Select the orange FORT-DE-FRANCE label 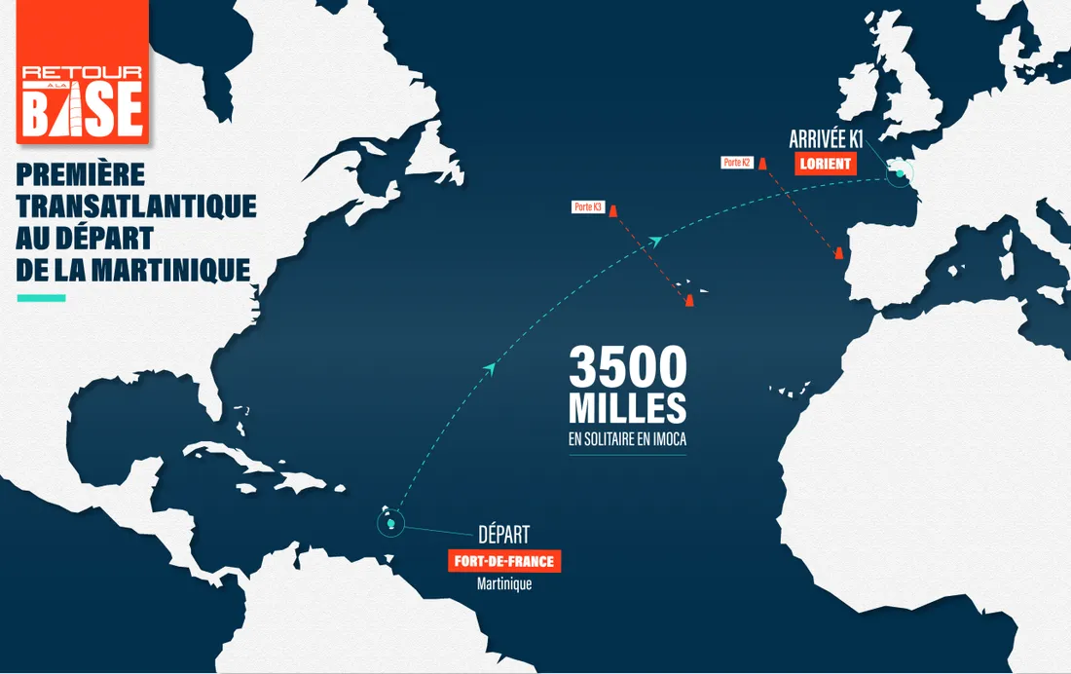(x=505, y=562)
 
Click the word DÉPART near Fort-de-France (x=503, y=535)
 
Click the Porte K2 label (x=736, y=162)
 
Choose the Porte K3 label (x=589, y=206)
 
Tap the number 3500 (x=628, y=368)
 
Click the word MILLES (x=628, y=407)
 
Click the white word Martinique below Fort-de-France (x=504, y=585)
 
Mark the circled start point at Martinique (x=390, y=524)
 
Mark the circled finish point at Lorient (x=901, y=174)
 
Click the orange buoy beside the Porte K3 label (x=613, y=207)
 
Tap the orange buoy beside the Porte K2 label (x=762, y=163)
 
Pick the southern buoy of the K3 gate (x=688, y=299)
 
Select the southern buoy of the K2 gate (x=836, y=254)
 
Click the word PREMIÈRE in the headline (x=81, y=175)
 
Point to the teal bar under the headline (x=41, y=298)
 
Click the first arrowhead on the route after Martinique (x=491, y=367)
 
